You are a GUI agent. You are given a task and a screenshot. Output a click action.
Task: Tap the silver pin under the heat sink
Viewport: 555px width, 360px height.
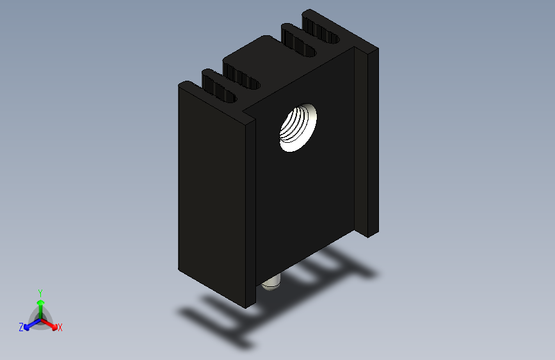click(271, 283)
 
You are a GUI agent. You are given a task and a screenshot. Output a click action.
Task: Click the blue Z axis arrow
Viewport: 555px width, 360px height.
click(29, 325)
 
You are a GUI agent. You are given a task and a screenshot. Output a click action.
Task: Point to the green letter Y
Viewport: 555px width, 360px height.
click(40, 292)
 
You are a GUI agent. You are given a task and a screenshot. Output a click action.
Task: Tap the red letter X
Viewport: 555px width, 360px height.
click(60, 328)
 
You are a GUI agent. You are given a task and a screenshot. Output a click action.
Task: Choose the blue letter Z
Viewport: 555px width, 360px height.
click(21, 327)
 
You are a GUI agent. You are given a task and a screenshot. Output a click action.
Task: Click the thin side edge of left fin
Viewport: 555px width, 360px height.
click(250, 211)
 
